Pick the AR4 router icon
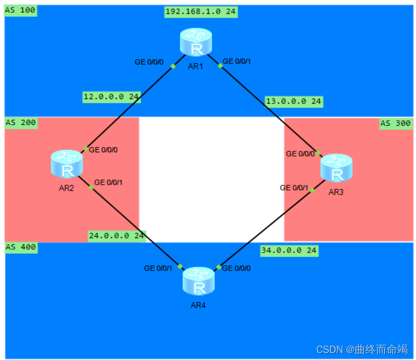coord(199,281)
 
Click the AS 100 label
coord(20,11)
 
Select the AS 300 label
coord(395,123)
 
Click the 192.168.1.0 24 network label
coord(201,12)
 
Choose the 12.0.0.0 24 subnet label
coord(111,96)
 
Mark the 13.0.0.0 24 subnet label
coord(293,101)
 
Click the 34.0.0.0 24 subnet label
coord(289,250)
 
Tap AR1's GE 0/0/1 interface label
coord(236,61)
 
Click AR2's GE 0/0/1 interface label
coord(109,182)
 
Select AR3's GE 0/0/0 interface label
coord(300,154)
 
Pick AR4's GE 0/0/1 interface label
coord(158,268)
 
